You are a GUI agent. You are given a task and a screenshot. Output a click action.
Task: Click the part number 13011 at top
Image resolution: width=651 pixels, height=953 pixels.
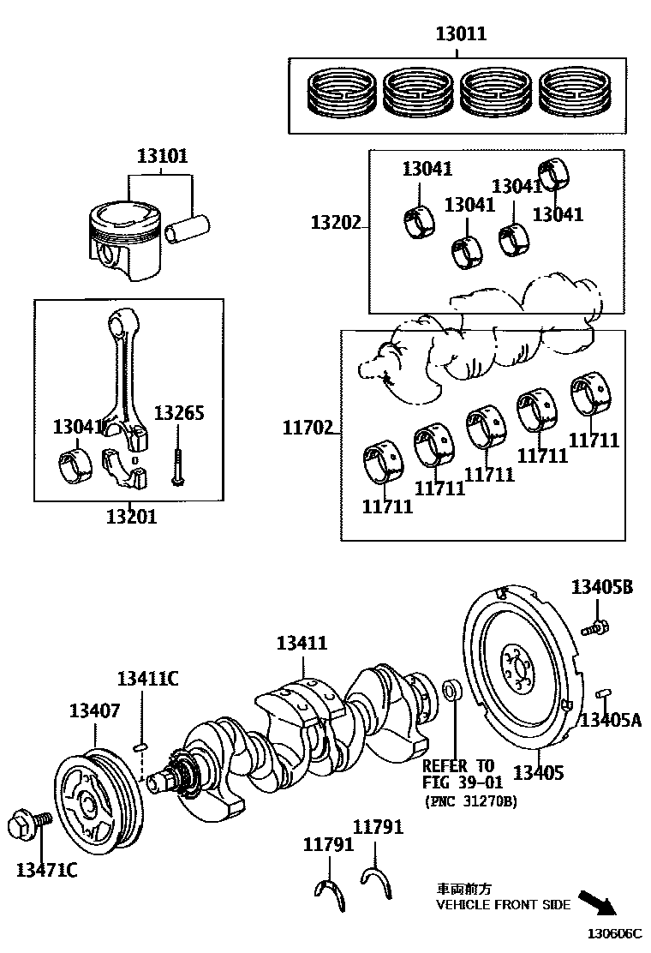[x=461, y=34]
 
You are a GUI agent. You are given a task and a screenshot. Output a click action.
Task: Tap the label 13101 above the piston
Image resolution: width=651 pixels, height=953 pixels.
[x=162, y=156]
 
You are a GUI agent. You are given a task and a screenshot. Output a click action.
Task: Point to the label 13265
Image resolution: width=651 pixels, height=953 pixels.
[x=179, y=413]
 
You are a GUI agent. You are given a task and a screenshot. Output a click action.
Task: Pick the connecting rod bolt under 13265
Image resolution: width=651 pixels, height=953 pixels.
[x=176, y=464]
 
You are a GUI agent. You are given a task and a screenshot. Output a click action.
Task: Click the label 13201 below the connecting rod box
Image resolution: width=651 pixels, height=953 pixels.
[x=132, y=517]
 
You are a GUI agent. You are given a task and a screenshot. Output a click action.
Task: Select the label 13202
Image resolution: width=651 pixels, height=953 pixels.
[x=336, y=223]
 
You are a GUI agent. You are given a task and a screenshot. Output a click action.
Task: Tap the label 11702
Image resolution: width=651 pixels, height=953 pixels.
[x=308, y=427]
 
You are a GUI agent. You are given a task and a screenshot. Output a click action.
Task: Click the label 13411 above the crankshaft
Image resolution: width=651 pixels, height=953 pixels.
[x=302, y=643]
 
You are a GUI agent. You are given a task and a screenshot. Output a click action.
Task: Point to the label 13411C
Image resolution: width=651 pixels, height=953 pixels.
[x=147, y=679]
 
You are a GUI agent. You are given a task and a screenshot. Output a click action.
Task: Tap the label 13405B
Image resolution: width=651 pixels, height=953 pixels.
[x=602, y=587]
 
